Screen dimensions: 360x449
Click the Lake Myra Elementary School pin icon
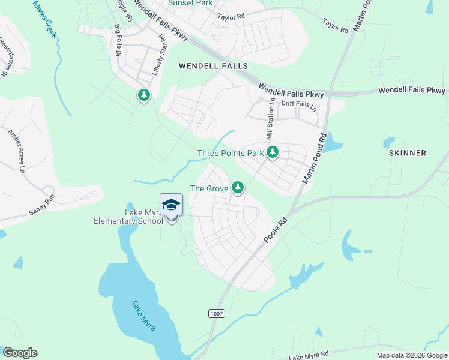click(171, 206)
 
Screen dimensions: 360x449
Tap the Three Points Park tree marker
click(273, 152)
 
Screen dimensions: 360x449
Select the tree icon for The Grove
click(238, 188)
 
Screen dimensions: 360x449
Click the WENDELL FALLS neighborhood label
click(213, 66)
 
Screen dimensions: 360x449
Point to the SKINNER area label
click(407, 153)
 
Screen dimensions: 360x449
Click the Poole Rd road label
click(276, 230)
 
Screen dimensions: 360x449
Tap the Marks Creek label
click(45, 19)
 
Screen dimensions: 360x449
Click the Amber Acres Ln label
click(17, 151)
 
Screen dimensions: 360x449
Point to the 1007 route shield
click(217, 314)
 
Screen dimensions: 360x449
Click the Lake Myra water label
click(144, 316)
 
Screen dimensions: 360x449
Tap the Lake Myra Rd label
click(309, 356)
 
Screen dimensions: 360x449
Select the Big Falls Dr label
click(118, 40)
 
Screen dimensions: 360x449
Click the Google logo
click(20, 353)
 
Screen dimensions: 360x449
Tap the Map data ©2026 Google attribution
click(411, 355)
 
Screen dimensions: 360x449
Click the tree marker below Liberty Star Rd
click(143, 95)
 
